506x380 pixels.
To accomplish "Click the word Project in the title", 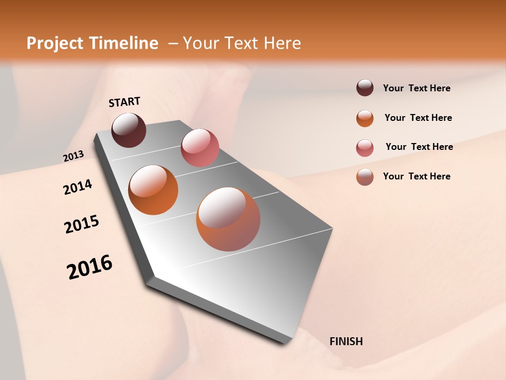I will click(53, 43).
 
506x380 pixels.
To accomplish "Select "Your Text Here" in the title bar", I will click(241, 43).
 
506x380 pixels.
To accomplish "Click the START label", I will click(124, 102).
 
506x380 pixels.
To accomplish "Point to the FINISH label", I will click(346, 341).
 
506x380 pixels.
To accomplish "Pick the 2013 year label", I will click(73, 156).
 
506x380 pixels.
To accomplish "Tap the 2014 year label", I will click(77, 187).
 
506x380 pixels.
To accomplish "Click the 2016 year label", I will click(90, 267).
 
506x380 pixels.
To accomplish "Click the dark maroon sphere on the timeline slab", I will click(129, 130).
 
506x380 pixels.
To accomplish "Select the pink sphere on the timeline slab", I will click(200, 147).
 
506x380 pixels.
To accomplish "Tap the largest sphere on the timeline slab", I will click(228, 219).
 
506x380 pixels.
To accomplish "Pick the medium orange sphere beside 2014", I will click(153, 190).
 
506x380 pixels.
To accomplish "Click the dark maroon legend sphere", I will click(365, 88).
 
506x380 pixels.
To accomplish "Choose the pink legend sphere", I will click(365, 148).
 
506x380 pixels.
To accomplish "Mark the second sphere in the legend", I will click(365, 118).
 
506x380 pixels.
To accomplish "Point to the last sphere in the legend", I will click(365, 177).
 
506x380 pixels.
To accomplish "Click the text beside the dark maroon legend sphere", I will click(416, 88).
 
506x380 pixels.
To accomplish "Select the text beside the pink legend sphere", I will click(419, 147).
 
